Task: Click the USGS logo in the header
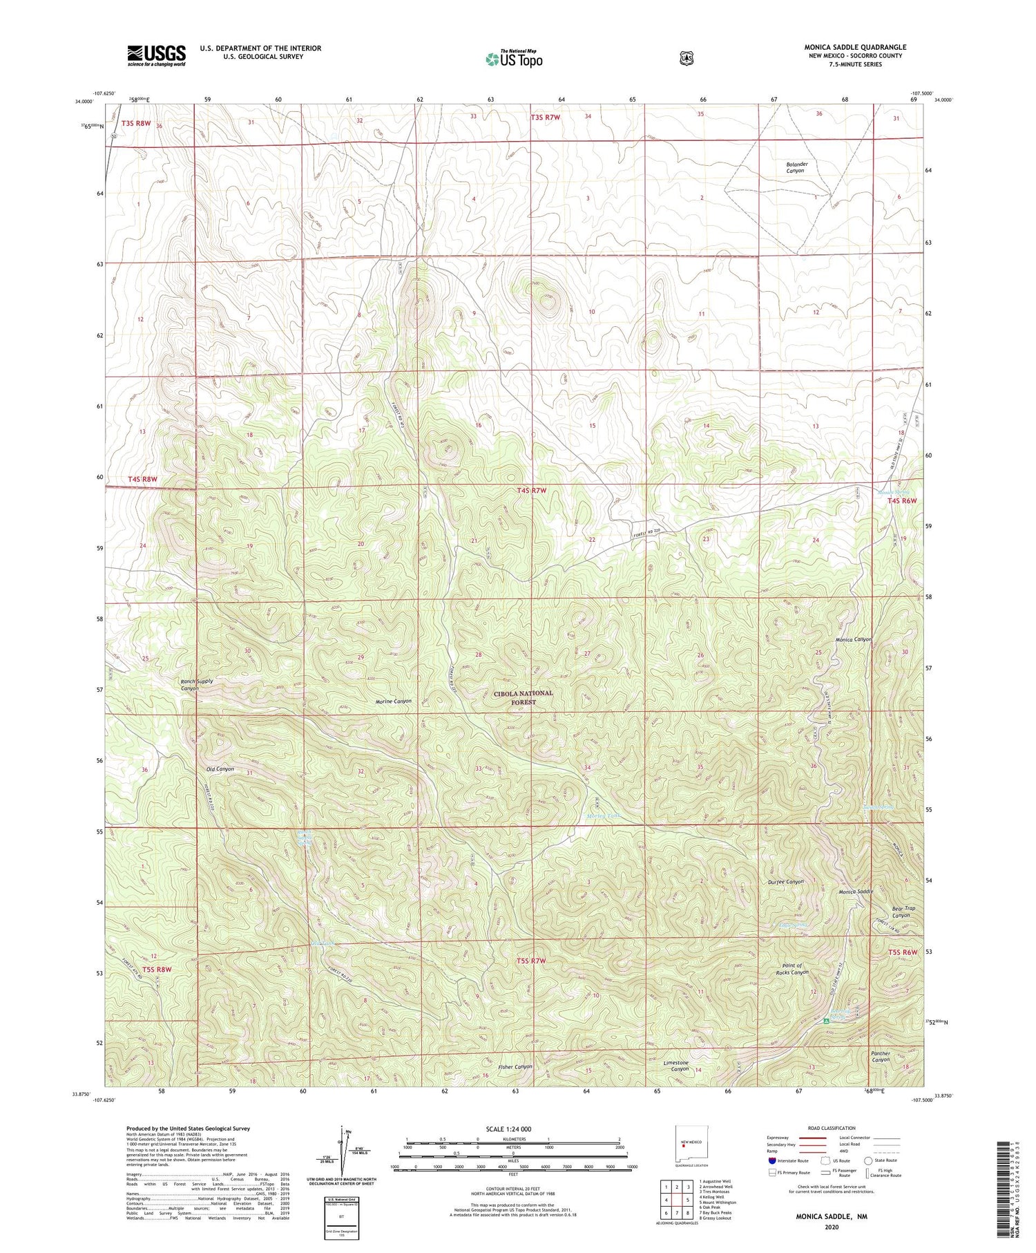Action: pyautogui.click(x=156, y=55)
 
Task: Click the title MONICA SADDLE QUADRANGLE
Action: pyautogui.click(x=854, y=47)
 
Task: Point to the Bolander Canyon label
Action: pyautogui.click(x=796, y=167)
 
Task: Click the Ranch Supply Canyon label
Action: pyautogui.click(x=197, y=684)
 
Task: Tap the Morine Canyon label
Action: pyautogui.click(x=394, y=701)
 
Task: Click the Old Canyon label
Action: pyautogui.click(x=220, y=769)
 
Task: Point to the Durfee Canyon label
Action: pyautogui.click(x=785, y=882)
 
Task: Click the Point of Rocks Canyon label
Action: pyautogui.click(x=792, y=969)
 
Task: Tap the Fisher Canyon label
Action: pyautogui.click(x=515, y=1066)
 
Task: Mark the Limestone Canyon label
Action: pyautogui.click(x=676, y=1066)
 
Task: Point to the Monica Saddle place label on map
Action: pyautogui.click(x=856, y=892)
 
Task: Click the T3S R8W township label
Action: pyautogui.click(x=136, y=123)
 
